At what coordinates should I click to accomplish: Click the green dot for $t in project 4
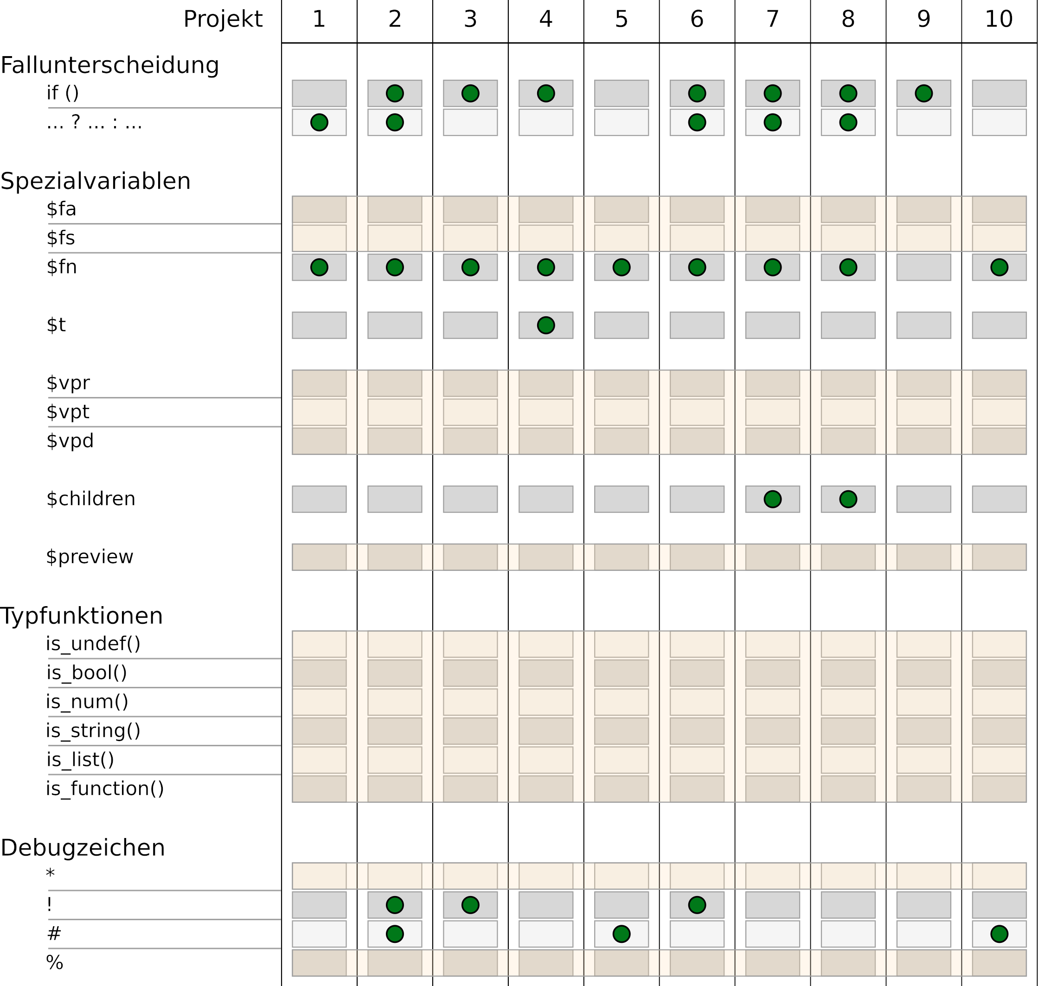(545, 325)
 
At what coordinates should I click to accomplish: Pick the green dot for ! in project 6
(697, 905)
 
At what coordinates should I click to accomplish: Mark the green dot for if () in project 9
(923, 94)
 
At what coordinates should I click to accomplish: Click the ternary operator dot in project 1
(319, 122)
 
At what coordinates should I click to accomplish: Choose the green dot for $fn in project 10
(999, 267)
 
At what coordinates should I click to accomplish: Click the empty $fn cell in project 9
(923, 267)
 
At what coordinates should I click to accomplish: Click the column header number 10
(999, 19)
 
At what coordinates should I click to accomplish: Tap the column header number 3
(470, 19)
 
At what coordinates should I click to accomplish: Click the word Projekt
(222, 19)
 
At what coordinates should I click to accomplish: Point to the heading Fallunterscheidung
(109, 65)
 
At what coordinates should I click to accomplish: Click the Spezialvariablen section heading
(95, 181)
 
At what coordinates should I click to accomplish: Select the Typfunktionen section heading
(82, 616)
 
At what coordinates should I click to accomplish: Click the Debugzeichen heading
(83, 848)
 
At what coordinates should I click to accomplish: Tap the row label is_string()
(93, 730)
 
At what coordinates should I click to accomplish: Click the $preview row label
(90, 557)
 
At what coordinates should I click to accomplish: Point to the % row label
(55, 962)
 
